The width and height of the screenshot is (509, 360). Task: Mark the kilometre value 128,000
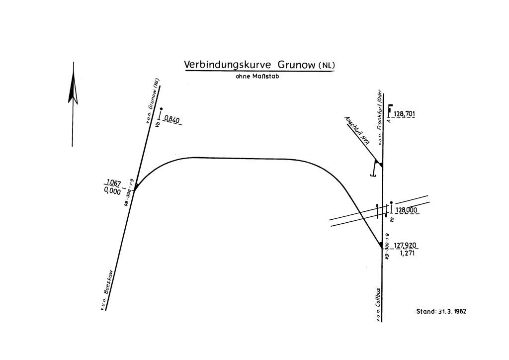click(407, 210)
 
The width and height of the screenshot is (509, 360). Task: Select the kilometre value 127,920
click(406, 245)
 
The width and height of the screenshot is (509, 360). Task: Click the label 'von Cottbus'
click(379, 304)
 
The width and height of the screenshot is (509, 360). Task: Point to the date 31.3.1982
click(452, 312)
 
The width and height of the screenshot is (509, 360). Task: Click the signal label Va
click(392, 219)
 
